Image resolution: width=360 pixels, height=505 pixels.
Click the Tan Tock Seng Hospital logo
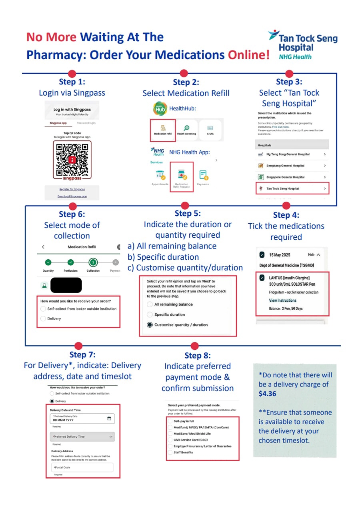(x=303, y=45)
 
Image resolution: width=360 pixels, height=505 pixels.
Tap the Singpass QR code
(x=72, y=159)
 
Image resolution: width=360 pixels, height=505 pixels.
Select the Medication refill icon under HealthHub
(x=163, y=130)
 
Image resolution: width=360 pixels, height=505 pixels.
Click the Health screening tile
(x=186, y=130)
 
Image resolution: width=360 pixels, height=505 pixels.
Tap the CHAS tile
(x=210, y=130)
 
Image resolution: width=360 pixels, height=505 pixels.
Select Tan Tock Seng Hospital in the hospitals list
(x=292, y=188)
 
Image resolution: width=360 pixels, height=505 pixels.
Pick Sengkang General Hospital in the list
(x=292, y=166)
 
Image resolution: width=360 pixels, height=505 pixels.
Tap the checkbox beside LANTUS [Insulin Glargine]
(x=262, y=277)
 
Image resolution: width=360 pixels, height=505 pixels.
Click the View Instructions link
(x=283, y=301)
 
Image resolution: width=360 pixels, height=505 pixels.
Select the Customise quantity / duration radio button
(x=150, y=325)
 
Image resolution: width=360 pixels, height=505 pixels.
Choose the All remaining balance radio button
(x=150, y=305)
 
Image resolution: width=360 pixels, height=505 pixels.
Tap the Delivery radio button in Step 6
(x=43, y=319)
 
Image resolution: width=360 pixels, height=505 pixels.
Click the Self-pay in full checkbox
(x=170, y=421)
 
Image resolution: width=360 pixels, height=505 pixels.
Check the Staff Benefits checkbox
(x=170, y=453)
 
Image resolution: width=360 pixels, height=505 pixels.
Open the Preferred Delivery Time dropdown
(x=82, y=437)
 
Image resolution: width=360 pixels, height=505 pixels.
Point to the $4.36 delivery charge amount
(x=268, y=394)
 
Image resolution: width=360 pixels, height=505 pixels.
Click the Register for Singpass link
(x=72, y=189)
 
